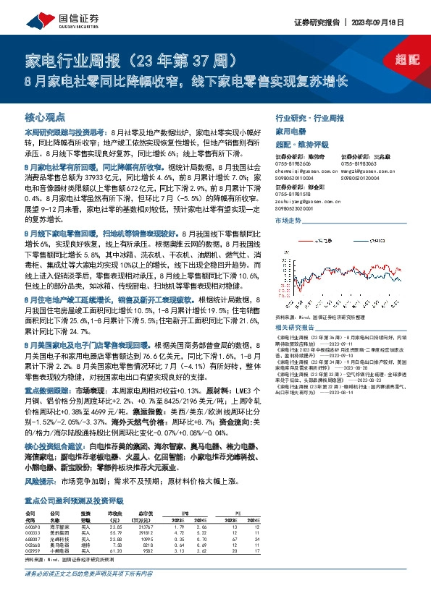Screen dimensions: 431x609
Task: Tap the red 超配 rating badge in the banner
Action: coord(409,61)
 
